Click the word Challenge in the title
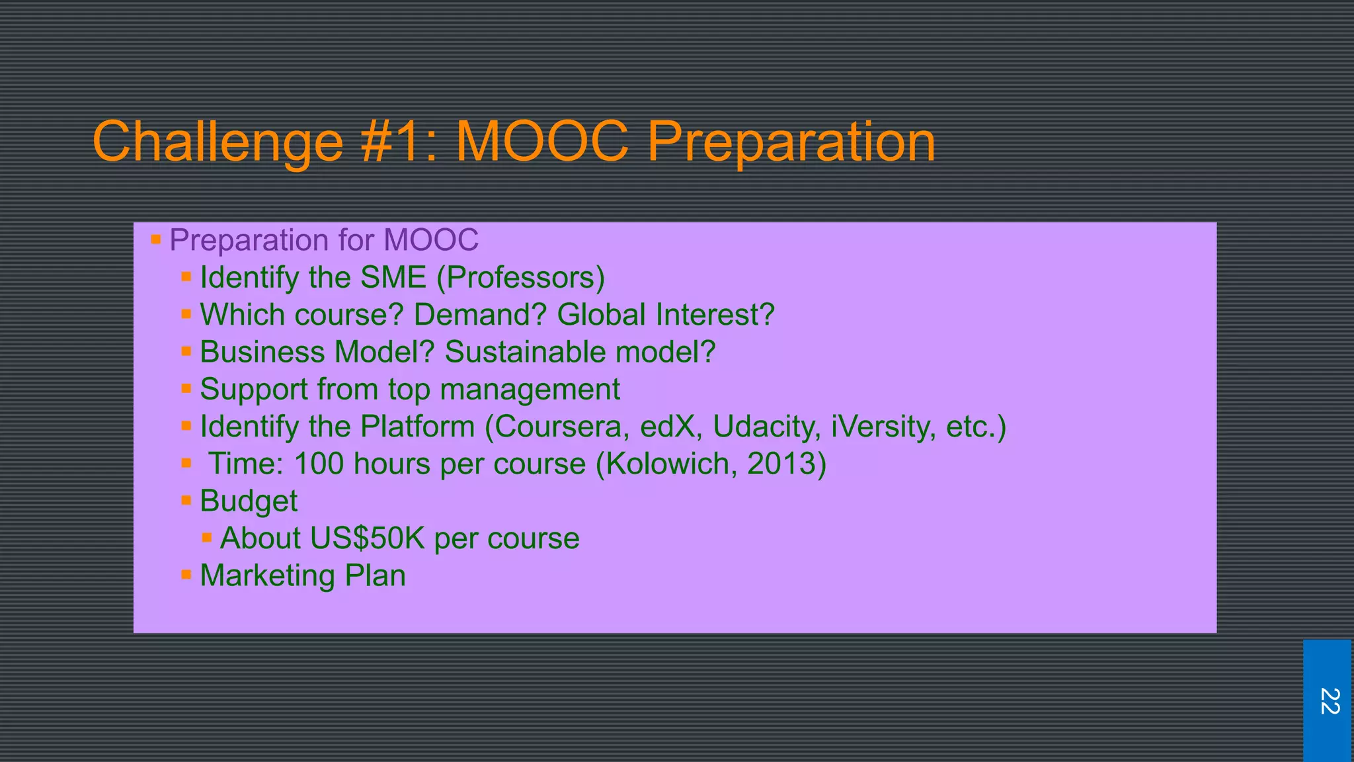(218, 142)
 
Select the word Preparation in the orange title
(791, 142)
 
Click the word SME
(393, 277)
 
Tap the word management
(530, 390)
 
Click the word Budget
(249, 501)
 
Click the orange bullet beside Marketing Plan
(186, 575)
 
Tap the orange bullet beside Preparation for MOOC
(156, 239)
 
